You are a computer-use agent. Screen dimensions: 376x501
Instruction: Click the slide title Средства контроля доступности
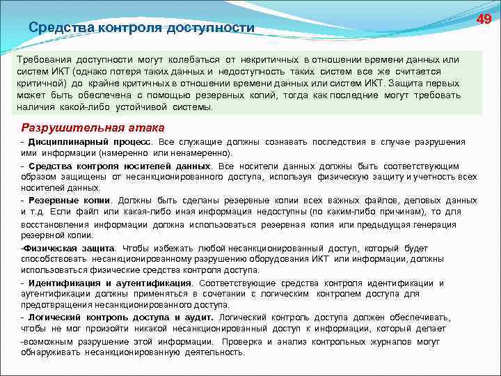[142, 28]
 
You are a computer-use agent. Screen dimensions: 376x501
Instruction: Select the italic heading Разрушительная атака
[93, 127]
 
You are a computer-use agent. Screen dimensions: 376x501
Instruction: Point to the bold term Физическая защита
[69, 248]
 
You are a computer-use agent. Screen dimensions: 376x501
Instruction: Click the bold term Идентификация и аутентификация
[109, 283]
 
